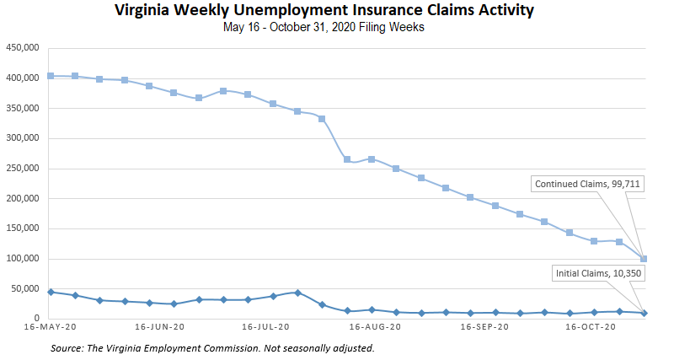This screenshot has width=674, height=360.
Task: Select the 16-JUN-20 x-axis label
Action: pos(160,327)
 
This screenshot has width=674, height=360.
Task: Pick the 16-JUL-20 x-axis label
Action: pos(266,327)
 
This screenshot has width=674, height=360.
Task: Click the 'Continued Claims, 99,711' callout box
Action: pos(588,184)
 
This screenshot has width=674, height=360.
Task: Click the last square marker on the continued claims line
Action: pos(644,259)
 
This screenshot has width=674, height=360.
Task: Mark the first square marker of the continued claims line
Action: pos(51,76)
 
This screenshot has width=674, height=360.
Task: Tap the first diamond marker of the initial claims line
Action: pos(51,292)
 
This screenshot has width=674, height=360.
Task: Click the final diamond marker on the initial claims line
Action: pos(644,313)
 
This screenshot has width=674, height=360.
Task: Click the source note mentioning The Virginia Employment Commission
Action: pos(211,347)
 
